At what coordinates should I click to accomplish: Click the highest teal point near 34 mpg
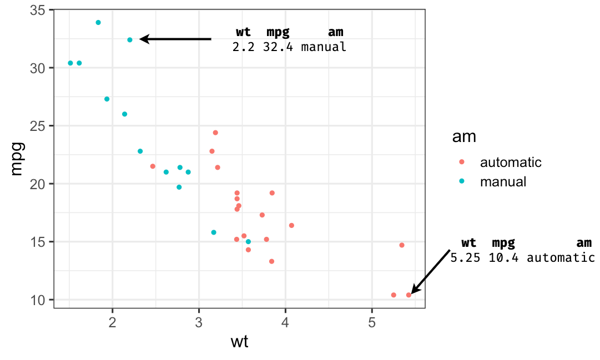[x=98, y=23]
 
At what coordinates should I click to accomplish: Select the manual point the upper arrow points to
[x=130, y=40]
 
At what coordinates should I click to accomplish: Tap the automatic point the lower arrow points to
[x=409, y=295]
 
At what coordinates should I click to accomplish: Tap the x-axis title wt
[x=239, y=342]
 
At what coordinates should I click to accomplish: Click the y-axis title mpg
[x=17, y=159]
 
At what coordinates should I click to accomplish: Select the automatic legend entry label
[x=511, y=163]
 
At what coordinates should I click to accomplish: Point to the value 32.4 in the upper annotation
[x=279, y=47]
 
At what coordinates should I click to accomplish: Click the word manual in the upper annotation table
[x=324, y=47]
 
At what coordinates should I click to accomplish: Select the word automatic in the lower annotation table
[x=561, y=257]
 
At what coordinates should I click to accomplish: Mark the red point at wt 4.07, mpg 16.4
[x=291, y=225]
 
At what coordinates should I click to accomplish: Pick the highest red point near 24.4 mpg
[x=215, y=133]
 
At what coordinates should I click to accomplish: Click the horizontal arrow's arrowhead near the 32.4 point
[x=143, y=39]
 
